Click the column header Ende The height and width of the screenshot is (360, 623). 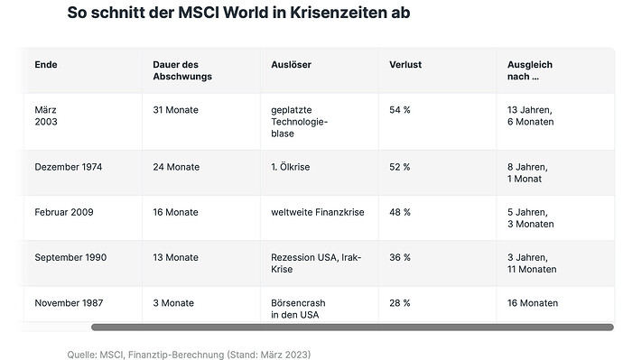click(x=46, y=65)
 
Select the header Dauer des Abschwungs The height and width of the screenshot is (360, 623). click(x=182, y=70)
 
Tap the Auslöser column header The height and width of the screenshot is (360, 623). click(x=292, y=65)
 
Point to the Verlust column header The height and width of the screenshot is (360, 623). click(x=405, y=65)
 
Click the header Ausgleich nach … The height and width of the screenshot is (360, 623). click(x=530, y=70)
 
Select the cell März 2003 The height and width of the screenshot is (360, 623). click(x=46, y=115)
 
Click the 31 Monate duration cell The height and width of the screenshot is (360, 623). click(x=176, y=110)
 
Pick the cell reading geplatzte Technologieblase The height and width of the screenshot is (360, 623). click(x=299, y=122)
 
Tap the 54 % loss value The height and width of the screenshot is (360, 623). click(x=400, y=110)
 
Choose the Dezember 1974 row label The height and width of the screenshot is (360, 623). click(x=69, y=167)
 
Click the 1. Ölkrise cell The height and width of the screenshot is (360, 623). click(x=291, y=167)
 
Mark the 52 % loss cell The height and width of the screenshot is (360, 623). click(x=400, y=167)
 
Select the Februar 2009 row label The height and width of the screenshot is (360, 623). click(x=64, y=212)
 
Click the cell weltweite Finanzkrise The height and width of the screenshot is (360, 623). click(x=318, y=212)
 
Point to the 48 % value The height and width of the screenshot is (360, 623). click(x=400, y=212)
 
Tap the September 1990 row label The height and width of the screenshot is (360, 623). click(x=70, y=258)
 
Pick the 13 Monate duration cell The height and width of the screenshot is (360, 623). click(x=176, y=258)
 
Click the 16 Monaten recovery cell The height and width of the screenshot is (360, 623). click(x=533, y=303)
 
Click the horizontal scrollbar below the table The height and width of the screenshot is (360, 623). click(x=352, y=327)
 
